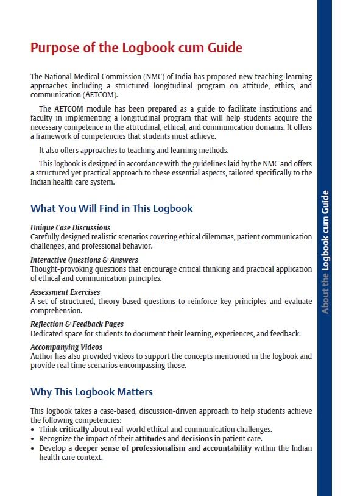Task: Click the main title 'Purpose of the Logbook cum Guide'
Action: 136,48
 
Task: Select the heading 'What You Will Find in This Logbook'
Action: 111,208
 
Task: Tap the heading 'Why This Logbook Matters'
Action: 91,391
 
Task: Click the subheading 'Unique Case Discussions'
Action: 71,228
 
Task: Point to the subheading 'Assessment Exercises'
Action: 65,292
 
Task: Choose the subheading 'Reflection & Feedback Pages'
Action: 77,324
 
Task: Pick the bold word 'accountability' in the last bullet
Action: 227,448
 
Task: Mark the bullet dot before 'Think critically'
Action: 33,430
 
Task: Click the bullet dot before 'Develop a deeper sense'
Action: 33,448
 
